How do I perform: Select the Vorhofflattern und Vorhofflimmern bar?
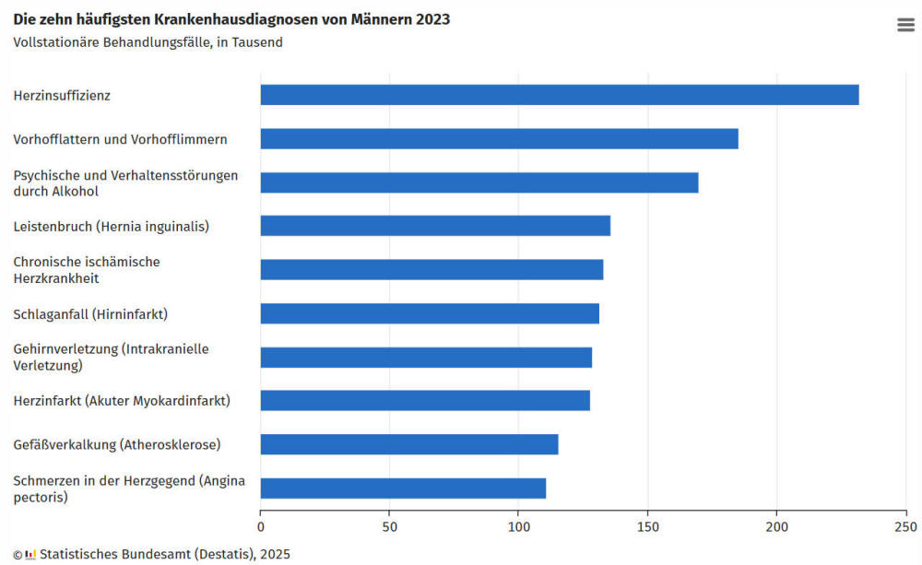(x=499, y=138)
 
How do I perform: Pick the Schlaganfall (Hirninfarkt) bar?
(x=430, y=313)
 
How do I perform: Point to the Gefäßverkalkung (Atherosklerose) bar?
(x=409, y=444)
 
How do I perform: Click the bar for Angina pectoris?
(x=403, y=488)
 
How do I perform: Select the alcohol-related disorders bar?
(x=479, y=182)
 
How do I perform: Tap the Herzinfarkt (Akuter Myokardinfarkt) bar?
(x=425, y=400)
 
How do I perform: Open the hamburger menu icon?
(x=905, y=25)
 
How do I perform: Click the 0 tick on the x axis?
(x=261, y=527)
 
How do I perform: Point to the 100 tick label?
(x=518, y=527)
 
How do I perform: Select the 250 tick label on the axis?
(x=905, y=527)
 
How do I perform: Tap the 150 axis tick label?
(x=647, y=527)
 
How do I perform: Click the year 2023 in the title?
(x=431, y=19)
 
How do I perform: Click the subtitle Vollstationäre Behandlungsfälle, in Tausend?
(x=148, y=42)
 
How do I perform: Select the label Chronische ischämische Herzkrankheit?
(x=86, y=270)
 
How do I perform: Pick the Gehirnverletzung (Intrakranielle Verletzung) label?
(x=111, y=358)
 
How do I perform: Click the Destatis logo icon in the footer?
(x=30, y=555)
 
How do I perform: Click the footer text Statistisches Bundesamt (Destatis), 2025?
(x=164, y=555)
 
